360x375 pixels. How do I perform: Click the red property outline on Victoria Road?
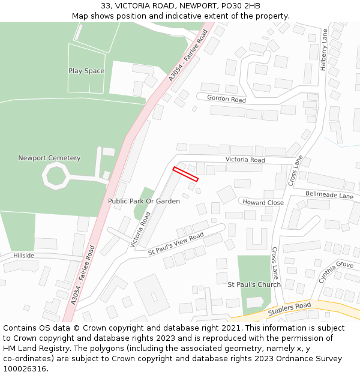[185, 174]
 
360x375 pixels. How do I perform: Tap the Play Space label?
[86, 71]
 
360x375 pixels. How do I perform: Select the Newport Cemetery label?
[49, 158]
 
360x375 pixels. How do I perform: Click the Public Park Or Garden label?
[144, 201]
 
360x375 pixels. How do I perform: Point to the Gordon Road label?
[226, 98]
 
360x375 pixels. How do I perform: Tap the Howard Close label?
[263, 203]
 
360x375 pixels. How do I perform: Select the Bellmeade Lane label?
[329, 195]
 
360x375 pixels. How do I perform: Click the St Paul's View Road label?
[176, 245]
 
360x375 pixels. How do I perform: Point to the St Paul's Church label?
[254, 284]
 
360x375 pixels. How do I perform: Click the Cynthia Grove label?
[336, 272]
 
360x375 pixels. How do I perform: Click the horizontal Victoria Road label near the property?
[245, 160]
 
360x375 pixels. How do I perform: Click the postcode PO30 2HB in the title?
[239, 6]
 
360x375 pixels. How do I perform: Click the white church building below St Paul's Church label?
[254, 302]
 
